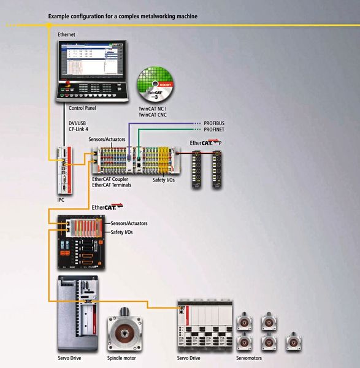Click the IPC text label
[x=61, y=200]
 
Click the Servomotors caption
[x=251, y=358]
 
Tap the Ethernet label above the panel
[x=66, y=35]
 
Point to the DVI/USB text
[x=79, y=123]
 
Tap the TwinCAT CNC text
[x=153, y=115]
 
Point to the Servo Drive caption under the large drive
[x=69, y=358]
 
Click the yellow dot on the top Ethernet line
[x=48, y=25]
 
